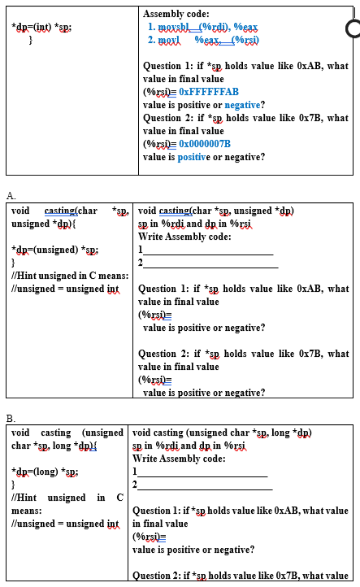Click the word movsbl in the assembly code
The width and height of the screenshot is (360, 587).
point(171,27)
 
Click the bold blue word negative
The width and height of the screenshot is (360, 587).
point(242,105)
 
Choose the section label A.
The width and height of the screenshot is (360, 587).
point(11,196)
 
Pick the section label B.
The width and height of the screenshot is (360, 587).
point(11,417)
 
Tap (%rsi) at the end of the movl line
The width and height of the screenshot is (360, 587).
point(243,39)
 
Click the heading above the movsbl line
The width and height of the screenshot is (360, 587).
point(176,14)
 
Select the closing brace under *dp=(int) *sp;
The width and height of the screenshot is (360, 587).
point(30,39)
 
